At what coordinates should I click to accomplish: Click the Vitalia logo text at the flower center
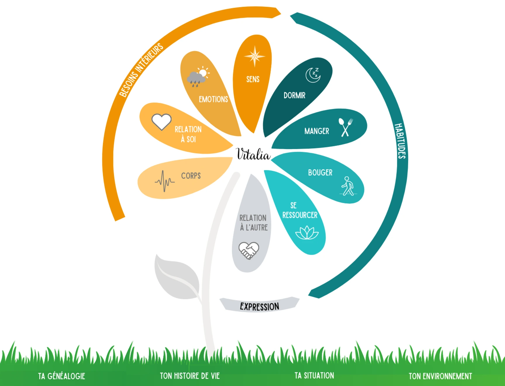point(253,154)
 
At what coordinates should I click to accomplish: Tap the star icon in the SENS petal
point(255,56)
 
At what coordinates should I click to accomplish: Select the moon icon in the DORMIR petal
point(313,75)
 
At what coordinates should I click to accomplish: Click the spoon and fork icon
point(346,127)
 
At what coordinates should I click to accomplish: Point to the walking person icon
point(348,186)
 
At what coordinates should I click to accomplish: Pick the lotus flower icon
point(307,233)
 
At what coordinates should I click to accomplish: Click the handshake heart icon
point(249,250)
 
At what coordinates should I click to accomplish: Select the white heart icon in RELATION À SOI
point(161,121)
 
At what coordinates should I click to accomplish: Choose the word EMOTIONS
point(213,99)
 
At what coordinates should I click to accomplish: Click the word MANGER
point(317,131)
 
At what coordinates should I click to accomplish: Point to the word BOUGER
point(320,173)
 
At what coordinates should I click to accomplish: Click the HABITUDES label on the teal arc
point(400,141)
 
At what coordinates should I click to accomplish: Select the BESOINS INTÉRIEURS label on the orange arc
point(141,70)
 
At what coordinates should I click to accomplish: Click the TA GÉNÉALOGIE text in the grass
point(62,376)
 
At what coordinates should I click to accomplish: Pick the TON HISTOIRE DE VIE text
point(190,376)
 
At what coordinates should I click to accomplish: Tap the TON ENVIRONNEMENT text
point(440,376)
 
